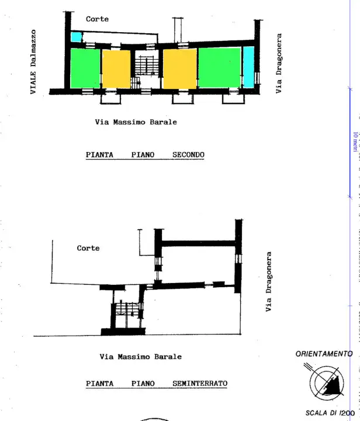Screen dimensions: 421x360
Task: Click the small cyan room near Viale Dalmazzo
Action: [77, 37]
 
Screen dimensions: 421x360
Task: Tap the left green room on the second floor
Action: [85, 68]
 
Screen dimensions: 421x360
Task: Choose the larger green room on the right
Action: [220, 68]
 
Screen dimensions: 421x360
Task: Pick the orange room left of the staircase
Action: [116, 69]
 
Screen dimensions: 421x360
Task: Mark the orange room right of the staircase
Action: [179, 69]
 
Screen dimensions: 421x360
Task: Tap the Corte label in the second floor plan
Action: [97, 19]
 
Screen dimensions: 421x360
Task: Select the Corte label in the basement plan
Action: [88, 248]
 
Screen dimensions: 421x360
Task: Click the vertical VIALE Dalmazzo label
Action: [33, 62]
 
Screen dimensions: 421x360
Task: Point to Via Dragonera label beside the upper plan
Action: [279, 63]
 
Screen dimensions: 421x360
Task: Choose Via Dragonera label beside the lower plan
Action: [269, 282]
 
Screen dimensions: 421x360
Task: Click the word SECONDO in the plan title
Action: [188, 155]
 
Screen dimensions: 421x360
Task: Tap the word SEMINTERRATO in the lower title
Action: [200, 384]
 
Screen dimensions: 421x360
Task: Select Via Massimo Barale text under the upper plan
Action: [136, 122]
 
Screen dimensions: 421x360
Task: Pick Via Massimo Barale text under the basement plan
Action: [140, 356]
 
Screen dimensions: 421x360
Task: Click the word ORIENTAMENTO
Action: [324, 354]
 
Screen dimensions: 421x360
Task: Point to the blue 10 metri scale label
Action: [355, 141]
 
